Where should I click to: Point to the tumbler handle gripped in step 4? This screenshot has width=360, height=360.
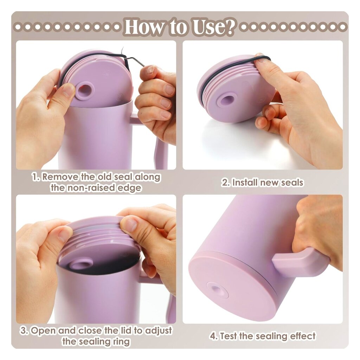tap(298, 259)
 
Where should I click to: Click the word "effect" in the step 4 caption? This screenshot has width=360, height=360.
tap(303, 336)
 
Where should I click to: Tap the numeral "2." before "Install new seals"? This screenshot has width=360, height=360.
tap(226, 183)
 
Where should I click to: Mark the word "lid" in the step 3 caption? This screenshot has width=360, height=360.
tap(126, 330)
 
